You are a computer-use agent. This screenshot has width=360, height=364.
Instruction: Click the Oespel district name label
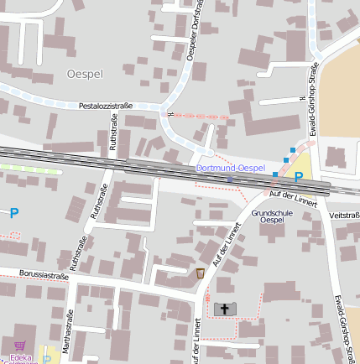pos(84,74)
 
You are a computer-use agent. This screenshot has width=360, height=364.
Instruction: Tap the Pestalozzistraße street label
pos(106,107)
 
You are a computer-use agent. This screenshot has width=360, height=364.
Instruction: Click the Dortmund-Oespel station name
pos(230,168)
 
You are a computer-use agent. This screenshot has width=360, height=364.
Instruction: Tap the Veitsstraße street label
pos(345,215)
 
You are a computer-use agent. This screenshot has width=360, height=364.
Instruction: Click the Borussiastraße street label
pos(44,274)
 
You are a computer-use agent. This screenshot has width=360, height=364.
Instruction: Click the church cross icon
pos(224,309)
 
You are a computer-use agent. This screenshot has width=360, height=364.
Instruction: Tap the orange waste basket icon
pos(200,273)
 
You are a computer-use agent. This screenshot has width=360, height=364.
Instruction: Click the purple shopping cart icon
pos(19,346)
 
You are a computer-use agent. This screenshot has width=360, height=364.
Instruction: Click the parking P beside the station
pos(298,177)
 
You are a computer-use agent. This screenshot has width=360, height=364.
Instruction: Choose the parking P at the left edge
pos(13,213)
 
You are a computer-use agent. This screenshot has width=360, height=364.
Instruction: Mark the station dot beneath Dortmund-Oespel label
pos(230,178)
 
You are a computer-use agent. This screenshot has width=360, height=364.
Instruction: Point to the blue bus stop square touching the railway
pos(274,174)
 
